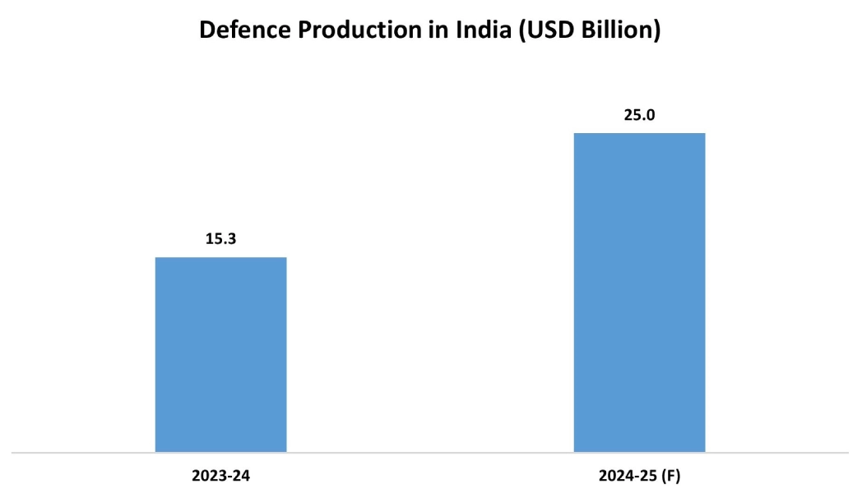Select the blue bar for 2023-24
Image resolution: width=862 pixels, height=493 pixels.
coord(220,354)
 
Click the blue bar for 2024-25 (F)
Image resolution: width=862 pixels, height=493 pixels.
coord(639,292)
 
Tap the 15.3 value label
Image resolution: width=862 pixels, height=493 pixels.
coord(220,239)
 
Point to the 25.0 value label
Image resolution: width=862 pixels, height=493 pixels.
coord(639,115)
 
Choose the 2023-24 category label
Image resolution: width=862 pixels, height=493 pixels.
coord(220,475)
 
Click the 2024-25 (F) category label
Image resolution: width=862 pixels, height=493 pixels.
coord(639,475)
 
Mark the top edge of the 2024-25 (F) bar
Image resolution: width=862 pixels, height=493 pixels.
coord(639,133)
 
